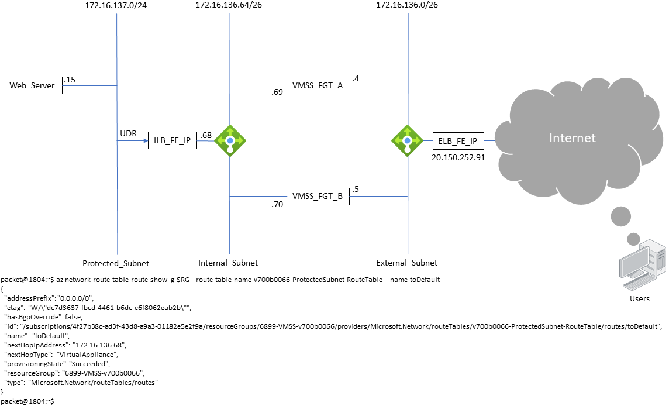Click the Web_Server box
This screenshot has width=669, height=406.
32,85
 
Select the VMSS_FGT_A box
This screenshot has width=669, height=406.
318,85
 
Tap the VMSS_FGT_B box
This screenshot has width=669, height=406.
318,197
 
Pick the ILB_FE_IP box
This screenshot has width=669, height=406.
173,140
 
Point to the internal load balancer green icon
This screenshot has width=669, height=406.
230,140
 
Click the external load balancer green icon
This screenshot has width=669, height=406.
407,140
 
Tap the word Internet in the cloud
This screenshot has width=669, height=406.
572,138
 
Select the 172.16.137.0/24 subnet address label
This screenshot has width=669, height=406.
116,5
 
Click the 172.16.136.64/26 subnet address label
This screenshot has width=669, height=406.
229,5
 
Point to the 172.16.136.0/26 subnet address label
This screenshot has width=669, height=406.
407,5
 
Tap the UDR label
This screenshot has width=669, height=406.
128,133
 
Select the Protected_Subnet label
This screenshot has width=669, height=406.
116,263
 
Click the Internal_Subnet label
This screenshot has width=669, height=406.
229,263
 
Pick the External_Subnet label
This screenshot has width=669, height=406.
407,263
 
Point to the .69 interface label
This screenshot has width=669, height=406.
277,92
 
